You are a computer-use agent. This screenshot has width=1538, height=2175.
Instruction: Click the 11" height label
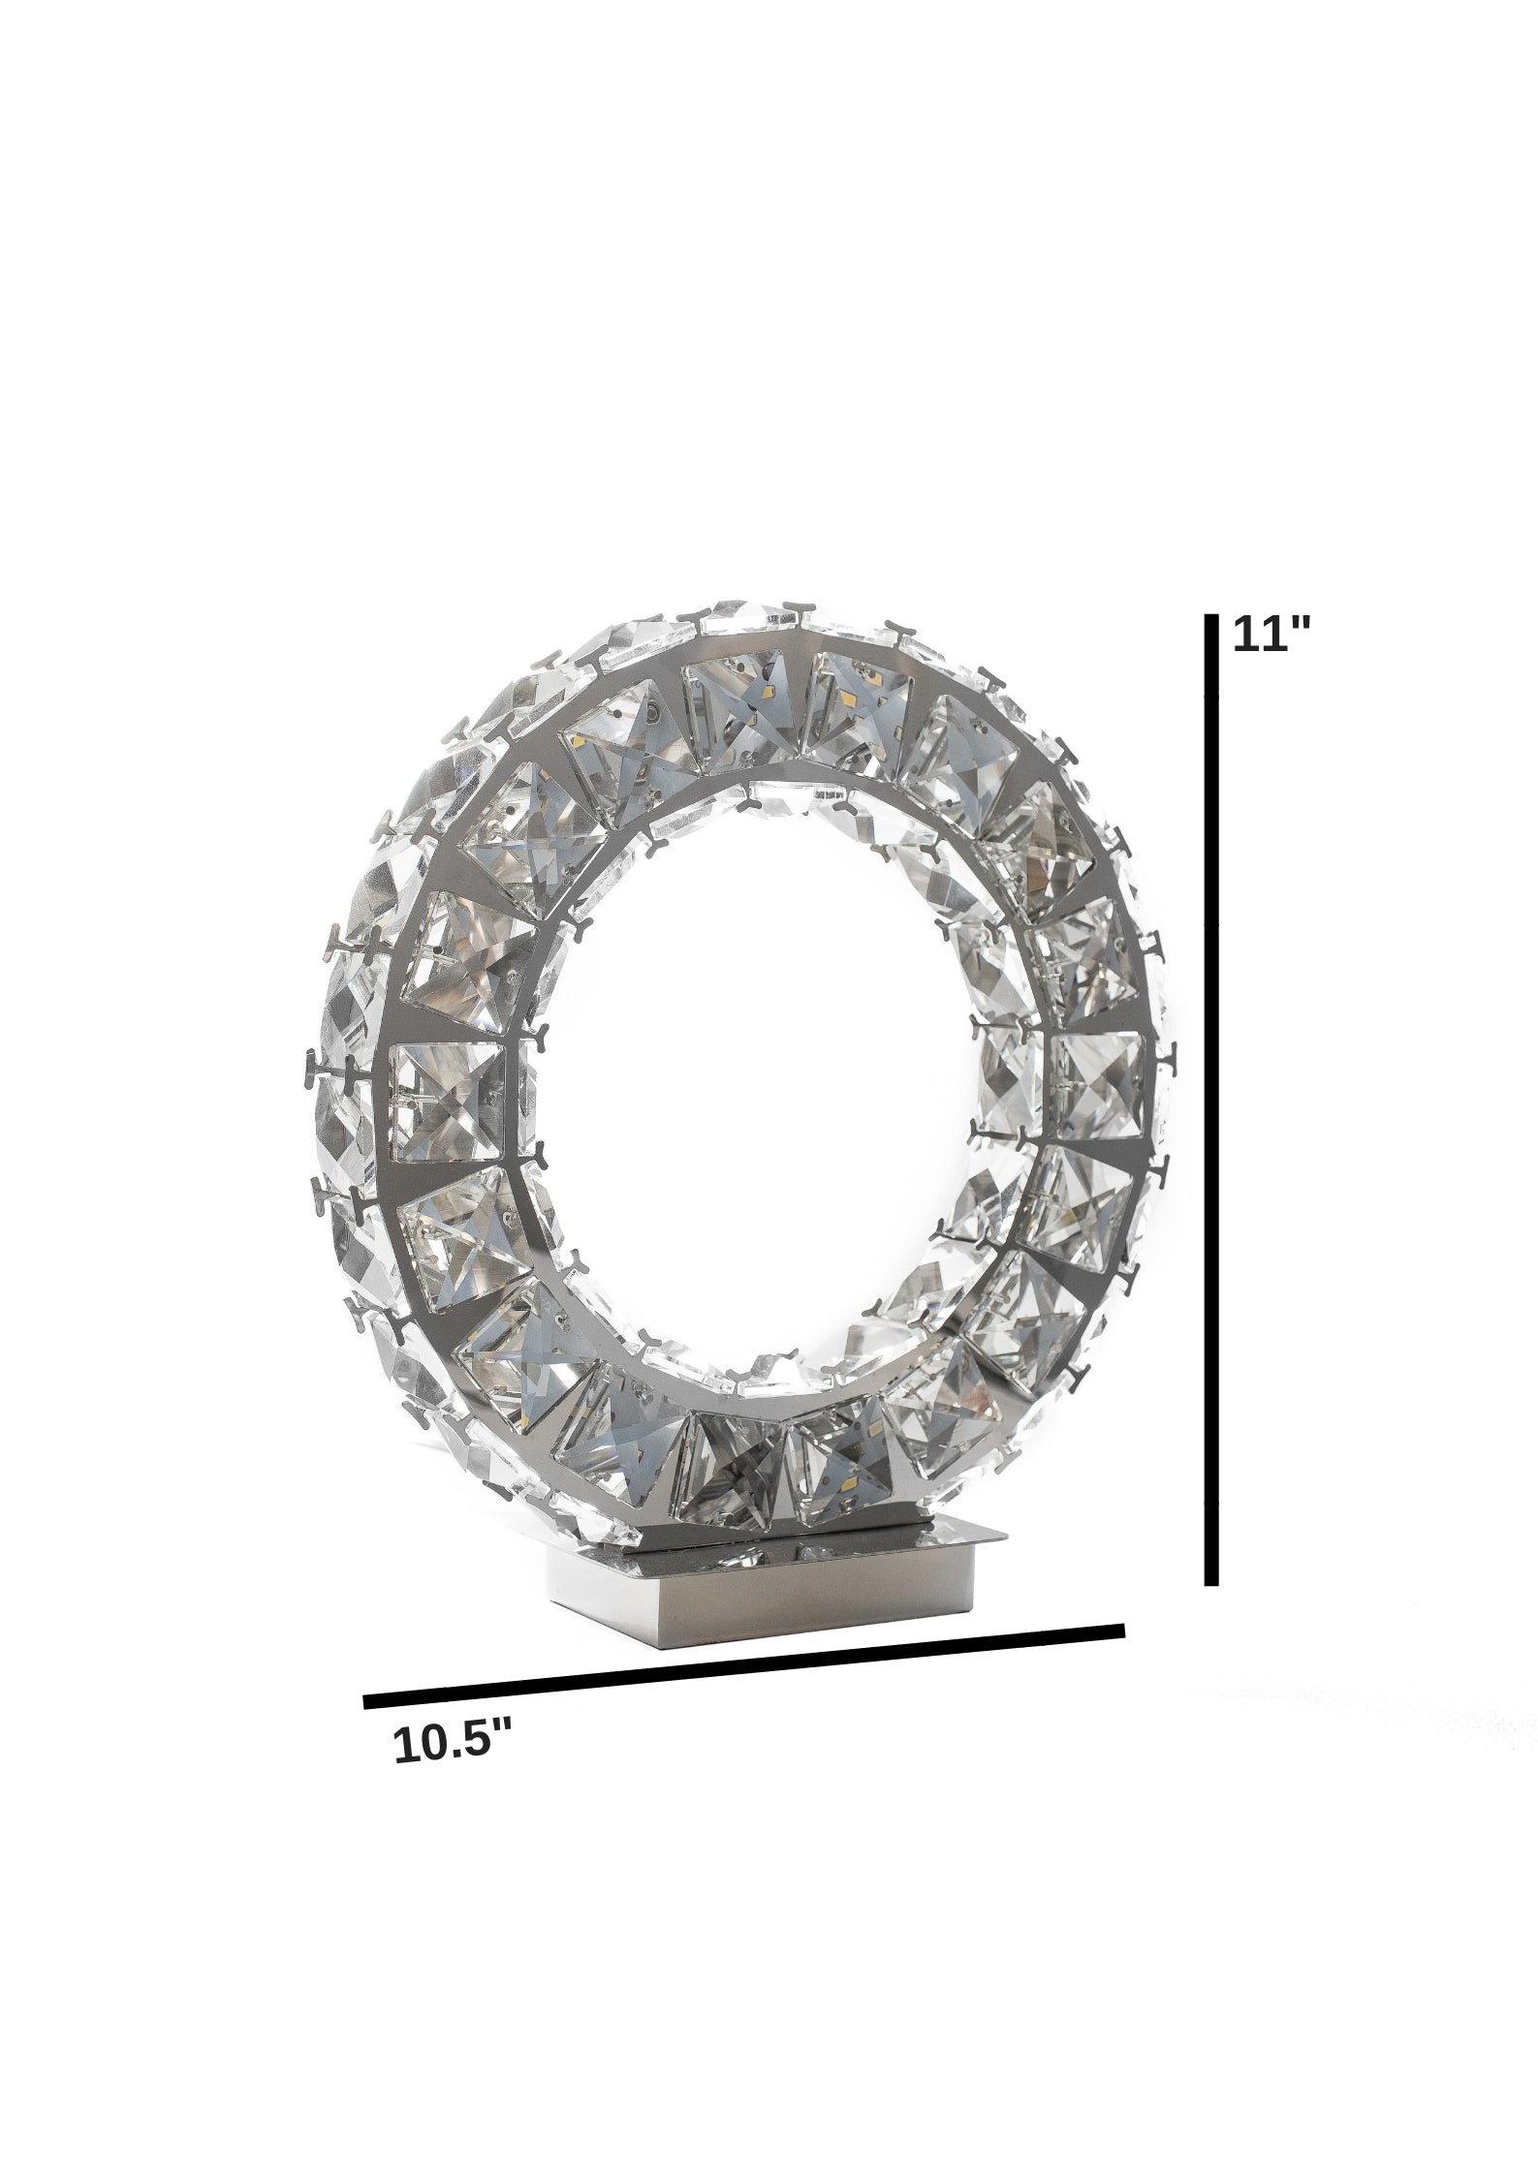click(1271, 637)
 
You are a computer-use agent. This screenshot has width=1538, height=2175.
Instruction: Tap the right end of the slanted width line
click(1123, 1630)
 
